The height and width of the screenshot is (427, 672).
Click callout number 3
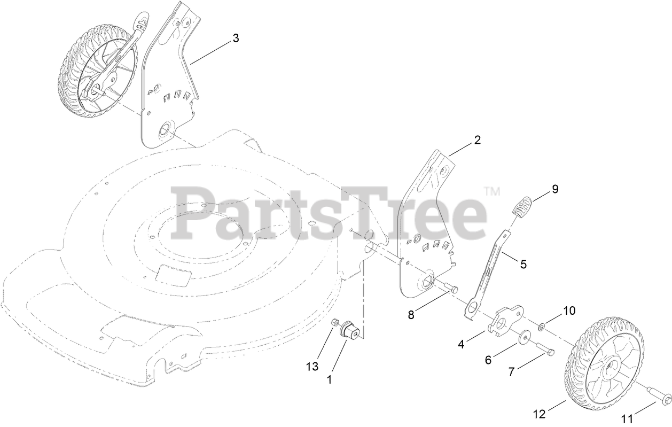[x=235, y=38]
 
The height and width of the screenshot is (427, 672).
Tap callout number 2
[x=477, y=141]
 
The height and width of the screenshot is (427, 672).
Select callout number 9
[x=555, y=189]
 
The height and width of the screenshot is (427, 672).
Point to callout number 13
[x=312, y=366]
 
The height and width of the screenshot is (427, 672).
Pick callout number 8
[x=411, y=315]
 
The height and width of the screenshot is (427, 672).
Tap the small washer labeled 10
[x=542, y=325]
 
